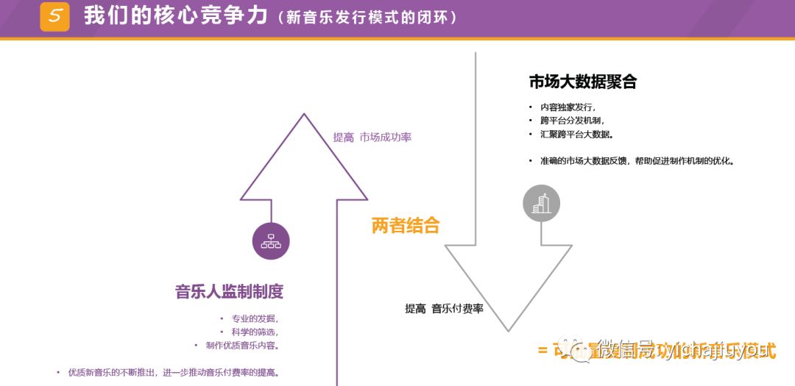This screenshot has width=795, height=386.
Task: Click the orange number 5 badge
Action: (54, 16)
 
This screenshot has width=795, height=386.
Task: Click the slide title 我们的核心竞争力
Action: (175, 15)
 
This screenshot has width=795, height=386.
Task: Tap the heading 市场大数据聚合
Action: (582, 82)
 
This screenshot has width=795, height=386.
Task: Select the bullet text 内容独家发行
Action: (568, 107)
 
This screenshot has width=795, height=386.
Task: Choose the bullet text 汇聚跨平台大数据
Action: (576, 135)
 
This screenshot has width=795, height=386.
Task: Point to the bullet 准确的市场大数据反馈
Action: (637, 161)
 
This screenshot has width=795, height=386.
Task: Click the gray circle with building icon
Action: (541, 203)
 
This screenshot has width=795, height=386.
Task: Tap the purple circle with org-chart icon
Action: (271, 241)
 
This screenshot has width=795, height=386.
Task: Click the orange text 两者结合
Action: (405, 226)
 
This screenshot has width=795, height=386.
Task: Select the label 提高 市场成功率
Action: (372, 137)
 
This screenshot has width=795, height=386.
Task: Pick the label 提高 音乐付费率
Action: (444, 309)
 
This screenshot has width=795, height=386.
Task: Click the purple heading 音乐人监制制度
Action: (229, 291)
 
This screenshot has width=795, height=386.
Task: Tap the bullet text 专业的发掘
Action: (255, 319)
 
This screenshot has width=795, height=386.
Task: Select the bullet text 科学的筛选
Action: (255, 332)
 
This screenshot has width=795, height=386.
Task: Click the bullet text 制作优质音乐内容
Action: (241, 346)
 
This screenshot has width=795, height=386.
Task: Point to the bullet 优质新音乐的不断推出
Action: (174, 373)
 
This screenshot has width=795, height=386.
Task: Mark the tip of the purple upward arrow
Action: (304, 115)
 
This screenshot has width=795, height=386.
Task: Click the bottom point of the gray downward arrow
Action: (508, 330)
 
